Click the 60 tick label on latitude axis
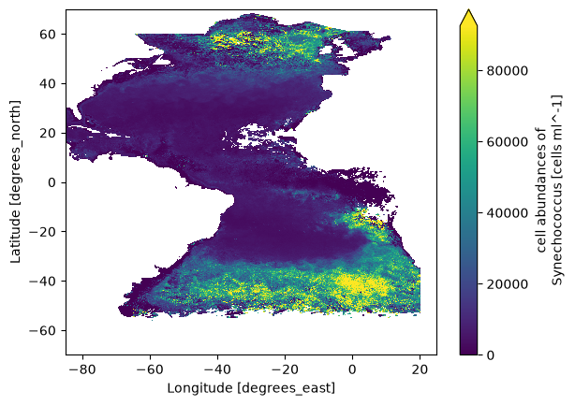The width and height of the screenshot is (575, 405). click(48, 34)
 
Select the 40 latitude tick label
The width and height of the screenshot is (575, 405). click(48, 83)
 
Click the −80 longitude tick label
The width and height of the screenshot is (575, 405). click(82, 369)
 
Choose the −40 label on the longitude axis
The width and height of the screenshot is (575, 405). click(217, 369)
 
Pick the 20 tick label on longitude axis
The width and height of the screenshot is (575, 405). click(420, 369)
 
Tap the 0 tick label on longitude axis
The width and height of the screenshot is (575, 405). click(352, 369)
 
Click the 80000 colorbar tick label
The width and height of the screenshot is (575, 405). click(508, 71)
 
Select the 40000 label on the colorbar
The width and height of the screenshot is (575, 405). click(508, 213)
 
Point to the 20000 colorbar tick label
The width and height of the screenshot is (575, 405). click(508, 284)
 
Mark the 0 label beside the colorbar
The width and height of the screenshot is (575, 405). click(491, 355)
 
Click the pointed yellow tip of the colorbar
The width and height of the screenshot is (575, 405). click(468, 10)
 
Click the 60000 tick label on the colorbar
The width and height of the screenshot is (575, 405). click(508, 142)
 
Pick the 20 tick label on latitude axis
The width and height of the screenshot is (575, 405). click(48, 133)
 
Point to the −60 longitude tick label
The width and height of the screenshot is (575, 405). click(150, 369)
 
